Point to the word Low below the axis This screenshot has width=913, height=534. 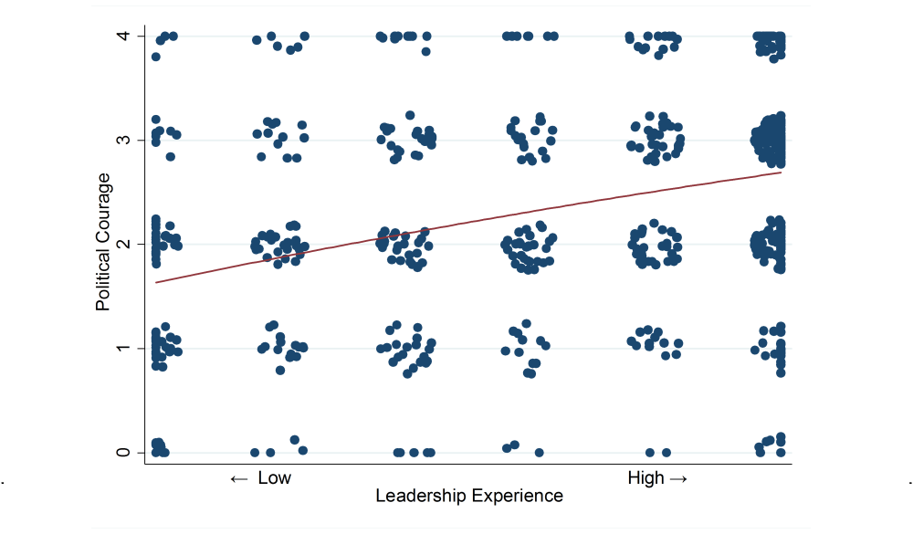[x=274, y=478]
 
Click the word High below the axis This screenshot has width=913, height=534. [x=645, y=478]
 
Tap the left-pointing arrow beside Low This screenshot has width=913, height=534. [x=239, y=478]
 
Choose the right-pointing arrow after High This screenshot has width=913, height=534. [x=678, y=478]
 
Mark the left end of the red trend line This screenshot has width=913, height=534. [x=156, y=282]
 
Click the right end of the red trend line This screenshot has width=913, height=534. [x=782, y=173]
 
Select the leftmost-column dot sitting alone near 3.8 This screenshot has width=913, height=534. [x=156, y=57]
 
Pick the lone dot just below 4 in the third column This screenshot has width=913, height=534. [x=425, y=51]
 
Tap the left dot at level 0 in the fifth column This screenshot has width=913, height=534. [x=650, y=453]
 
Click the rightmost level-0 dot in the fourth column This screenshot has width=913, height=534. [x=539, y=453]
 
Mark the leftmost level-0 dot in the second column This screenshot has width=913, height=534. [x=256, y=453]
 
